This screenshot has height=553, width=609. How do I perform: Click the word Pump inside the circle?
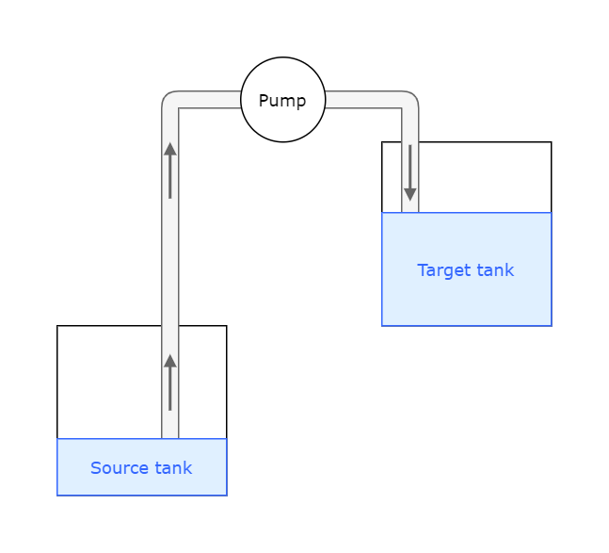tap(282, 101)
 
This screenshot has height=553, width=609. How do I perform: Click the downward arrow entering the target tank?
tap(410, 173)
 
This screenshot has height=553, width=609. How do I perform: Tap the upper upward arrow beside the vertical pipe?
tap(170, 171)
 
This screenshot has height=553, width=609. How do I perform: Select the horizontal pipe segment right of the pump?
tap(362, 100)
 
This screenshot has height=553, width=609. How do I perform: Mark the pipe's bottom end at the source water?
tap(170, 435)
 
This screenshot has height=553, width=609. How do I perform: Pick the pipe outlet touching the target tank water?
tap(410, 210)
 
